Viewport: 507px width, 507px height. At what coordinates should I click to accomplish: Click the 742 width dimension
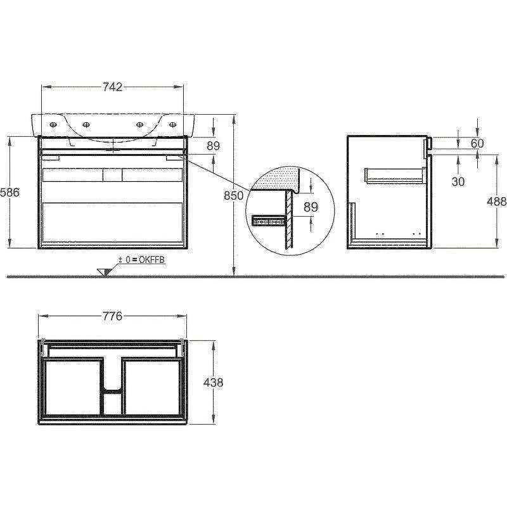(x=113, y=87)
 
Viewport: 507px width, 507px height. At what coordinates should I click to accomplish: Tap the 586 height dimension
(x=10, y=193)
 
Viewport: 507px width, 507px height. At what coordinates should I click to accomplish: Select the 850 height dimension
(x=233, y=195)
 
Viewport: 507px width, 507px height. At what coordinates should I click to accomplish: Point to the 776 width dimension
(x=113, y=316)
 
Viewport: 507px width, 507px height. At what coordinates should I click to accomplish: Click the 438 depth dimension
(x=213, y=383)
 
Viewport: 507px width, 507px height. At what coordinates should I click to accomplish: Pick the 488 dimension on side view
(x=497, y=202)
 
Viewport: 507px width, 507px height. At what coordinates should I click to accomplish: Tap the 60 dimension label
(x=477, y=143)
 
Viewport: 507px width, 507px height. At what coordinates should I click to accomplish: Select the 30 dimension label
(x=458, y=182)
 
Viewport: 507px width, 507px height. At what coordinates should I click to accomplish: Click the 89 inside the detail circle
(x=311, y=207)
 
